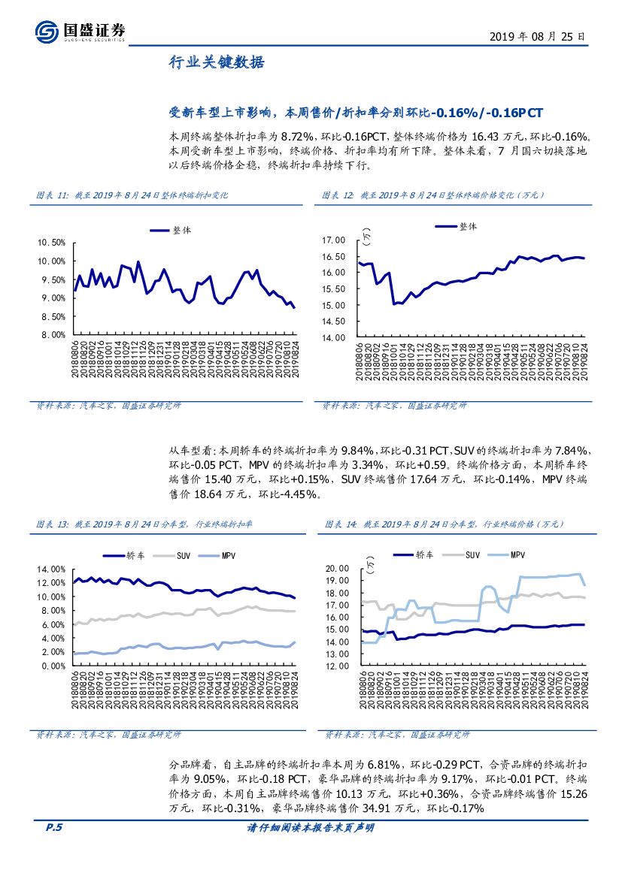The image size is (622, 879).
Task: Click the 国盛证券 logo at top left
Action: (80, 31)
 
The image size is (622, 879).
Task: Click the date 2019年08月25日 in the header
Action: (536, 36)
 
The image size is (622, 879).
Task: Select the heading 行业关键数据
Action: (216, 63)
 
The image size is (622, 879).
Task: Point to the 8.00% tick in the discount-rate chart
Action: (52, 335)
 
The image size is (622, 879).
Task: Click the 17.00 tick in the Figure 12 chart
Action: (333, 240)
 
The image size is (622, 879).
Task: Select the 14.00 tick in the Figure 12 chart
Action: (333, 337)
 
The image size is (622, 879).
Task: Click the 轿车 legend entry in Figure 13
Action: (133, 555)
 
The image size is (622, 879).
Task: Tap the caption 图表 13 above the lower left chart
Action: (52, 524)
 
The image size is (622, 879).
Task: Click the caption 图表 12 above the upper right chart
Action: (338, 195)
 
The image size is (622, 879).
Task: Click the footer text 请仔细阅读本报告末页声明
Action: (311, 827)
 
